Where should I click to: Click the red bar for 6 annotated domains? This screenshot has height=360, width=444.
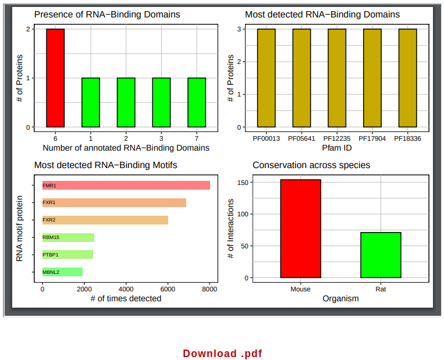tap(55, 77)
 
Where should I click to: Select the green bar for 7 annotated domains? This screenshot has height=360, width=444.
tap(197, 102)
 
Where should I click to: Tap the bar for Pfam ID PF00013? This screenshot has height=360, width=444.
tap(266, 77)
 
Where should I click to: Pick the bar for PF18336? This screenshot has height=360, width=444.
tap(407, 77)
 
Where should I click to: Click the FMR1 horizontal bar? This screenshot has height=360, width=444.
tap(126, 185)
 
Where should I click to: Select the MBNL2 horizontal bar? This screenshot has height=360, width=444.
tap(62, 272)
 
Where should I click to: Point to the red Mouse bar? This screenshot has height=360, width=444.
tap(300, 229)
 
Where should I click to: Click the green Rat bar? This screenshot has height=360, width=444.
tap(381, 255)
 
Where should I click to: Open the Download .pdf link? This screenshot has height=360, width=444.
tap(222, 353)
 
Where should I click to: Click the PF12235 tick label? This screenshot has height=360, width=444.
tap(337, 138)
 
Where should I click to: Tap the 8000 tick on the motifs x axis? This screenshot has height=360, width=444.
tap(209, 289)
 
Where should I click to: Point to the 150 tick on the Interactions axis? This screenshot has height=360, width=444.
tap(243, 183)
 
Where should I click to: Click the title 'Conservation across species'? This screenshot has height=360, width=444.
tap(311, 165)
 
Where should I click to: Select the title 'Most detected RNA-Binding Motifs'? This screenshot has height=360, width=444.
tap(105, 165)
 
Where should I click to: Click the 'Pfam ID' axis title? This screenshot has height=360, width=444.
tap(336, 148)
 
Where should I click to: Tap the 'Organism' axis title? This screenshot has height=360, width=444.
tap(340, 298)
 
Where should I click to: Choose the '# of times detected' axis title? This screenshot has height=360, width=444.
tap(126, 298)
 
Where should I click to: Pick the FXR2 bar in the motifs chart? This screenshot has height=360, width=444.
tap(105, 220)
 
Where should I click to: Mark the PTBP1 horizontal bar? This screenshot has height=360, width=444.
tap(68, 254)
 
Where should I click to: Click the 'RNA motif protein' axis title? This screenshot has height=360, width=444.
tap(20, 228)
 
